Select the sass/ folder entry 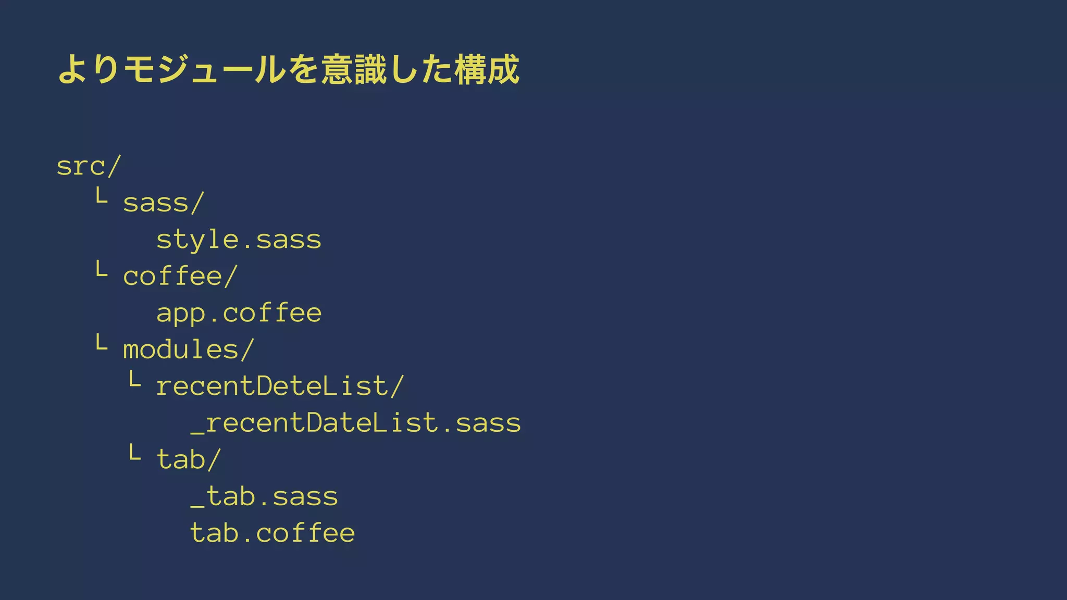pos(163,203)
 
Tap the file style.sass pos(239,240)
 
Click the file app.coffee pos(239,313)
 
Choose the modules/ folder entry pos(188,349)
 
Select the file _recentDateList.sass pos(355,423)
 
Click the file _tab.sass pos(264,496)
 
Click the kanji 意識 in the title pos(354,69)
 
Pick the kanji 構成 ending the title pos(487,69)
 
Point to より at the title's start pos(89,69)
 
